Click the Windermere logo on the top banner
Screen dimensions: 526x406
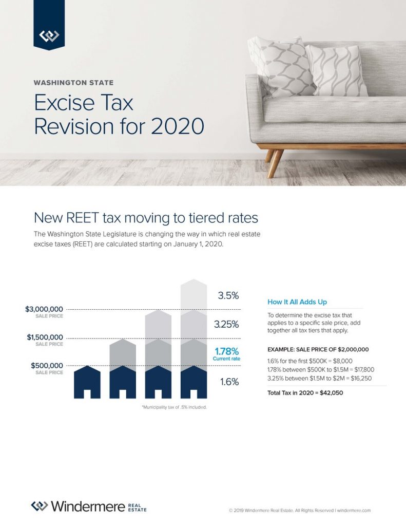49,35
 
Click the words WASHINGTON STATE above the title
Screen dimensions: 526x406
73,82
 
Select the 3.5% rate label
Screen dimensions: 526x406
228,296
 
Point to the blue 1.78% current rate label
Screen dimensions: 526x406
227,351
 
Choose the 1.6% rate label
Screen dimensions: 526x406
229,382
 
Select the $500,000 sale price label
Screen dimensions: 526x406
47,365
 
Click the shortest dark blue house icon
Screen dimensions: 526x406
87,383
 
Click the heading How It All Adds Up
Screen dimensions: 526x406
297,302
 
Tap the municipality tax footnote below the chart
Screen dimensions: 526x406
174,407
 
